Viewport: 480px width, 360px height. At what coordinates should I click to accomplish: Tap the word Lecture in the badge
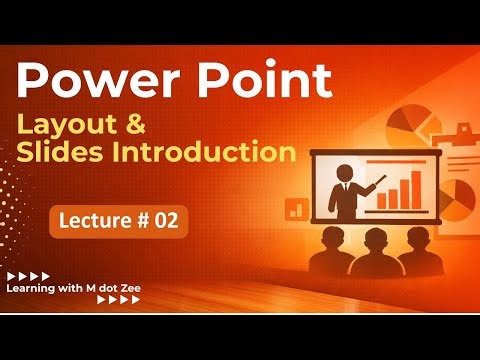coord(93,222)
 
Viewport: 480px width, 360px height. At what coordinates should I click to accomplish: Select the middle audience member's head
coord(377,240)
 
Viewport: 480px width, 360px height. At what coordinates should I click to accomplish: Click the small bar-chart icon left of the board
coord(296,208)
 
